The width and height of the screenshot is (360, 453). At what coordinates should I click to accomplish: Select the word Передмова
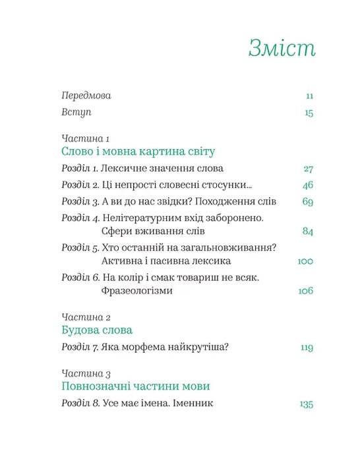(86, 96)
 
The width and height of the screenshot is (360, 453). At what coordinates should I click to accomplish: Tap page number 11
(309, 96)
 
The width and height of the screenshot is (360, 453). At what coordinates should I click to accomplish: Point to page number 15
(309, 113)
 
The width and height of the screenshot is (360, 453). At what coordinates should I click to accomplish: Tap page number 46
(307, 185)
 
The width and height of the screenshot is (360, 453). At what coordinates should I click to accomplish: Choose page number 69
(307, 202)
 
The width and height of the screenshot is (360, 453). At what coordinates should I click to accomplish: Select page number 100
(305, 261)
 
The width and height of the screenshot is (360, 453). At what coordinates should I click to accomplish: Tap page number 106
(305, 291)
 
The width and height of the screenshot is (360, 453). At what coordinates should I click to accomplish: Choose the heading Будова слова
(96, 330)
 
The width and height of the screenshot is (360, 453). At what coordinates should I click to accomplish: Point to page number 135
(306, 404)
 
